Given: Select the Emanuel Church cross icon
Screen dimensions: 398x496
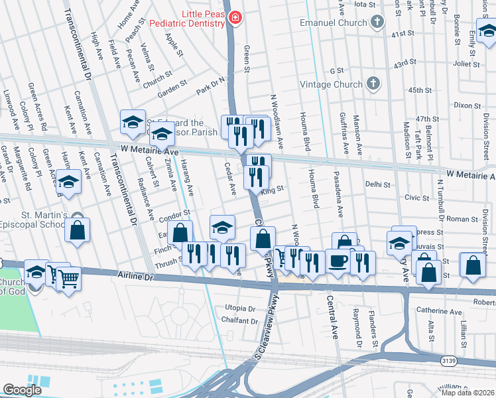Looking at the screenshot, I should click(377, 23).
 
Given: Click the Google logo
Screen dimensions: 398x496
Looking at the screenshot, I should click(22, 389).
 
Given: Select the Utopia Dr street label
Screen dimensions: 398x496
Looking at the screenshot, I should click(240, 308).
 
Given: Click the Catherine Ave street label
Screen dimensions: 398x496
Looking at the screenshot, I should click(438, 310).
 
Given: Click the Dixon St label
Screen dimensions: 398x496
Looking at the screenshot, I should click(467, 105).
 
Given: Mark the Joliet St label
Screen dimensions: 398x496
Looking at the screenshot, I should click(466, 64).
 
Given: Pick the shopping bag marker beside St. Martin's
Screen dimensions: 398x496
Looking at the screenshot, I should click(78, 232).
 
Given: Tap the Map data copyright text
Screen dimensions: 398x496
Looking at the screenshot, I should click(467, 392).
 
